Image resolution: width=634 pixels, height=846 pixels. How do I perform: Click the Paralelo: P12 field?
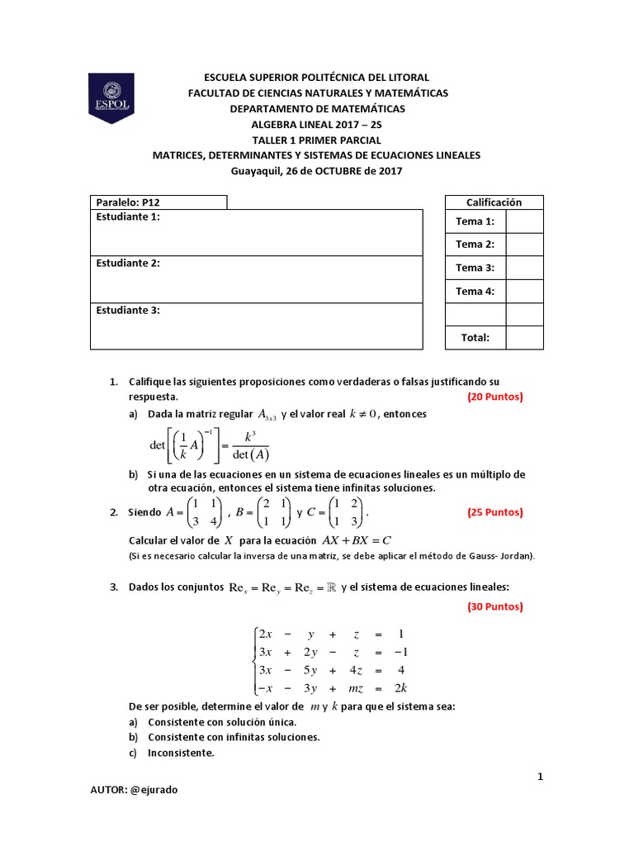pyautogui.click(x=158, y=202)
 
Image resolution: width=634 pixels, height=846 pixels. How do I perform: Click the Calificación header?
pyautogui.click(x=494, y=202)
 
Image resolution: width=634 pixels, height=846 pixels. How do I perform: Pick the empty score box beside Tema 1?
pyautogui.click(x=524, y=221)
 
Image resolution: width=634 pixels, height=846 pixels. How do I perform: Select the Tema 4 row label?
pyautogui.click(x=475, y=291)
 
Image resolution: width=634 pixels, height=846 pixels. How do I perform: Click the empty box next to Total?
pyautogui.click(x=524, y=337)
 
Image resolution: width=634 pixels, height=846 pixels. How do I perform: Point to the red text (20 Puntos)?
pyautogui.click(x=495, y=397)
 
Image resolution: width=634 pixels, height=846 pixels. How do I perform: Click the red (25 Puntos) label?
pyautogui.click(x=495, y=512)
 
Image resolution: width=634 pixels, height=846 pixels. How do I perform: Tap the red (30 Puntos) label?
pyautogui.click(x=495, y=606)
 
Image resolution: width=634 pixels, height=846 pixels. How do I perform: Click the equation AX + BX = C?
pyautogui.click(x=356, y=540)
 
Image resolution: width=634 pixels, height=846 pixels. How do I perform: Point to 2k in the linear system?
pyautogui.click(x=400, y=688)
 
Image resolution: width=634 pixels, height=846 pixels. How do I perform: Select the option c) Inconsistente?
pyautogui.click(x=181, y=753)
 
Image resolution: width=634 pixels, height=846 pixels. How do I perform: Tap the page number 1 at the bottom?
pyautogui.click(x=540, y=777)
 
